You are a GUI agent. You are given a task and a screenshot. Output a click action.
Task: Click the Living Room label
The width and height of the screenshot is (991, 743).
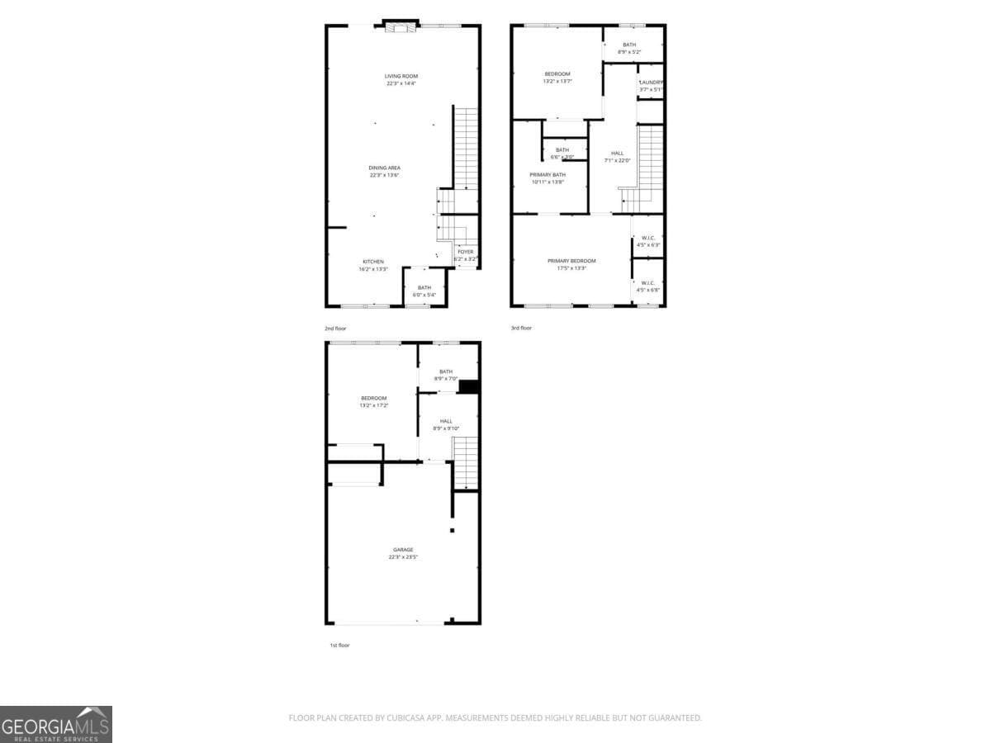click(401, 79)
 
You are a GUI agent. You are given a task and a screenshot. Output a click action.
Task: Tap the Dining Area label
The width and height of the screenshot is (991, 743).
click(385, 171)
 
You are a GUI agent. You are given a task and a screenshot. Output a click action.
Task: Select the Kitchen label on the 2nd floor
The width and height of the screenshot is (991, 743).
click(373, 265)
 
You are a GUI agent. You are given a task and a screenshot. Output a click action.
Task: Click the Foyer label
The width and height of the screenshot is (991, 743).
click(466, 255)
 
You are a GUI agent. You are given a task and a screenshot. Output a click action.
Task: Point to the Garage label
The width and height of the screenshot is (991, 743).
click(403, 553)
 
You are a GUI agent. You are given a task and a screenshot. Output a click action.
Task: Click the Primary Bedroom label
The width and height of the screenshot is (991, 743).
click(571, 264)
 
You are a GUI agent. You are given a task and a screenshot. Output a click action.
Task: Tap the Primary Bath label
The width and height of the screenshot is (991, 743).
click(548, 177)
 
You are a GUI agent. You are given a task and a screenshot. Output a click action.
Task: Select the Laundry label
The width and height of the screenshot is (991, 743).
click(651, 85)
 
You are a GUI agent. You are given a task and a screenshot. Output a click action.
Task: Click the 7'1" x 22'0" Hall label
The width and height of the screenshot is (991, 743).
click(618, 156)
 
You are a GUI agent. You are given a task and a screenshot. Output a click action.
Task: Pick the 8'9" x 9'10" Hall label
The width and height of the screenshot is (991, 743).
click(446, 424)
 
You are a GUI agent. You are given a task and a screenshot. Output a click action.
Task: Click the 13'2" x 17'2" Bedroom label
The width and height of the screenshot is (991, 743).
click(373, 401)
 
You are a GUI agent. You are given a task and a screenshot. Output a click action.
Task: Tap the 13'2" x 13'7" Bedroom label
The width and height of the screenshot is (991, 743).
click(557, 78)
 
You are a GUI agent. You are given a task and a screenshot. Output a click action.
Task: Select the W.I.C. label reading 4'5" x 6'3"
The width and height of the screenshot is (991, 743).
click(648, 241)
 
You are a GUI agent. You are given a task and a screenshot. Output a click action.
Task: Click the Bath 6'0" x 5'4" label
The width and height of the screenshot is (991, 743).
click(424, 291)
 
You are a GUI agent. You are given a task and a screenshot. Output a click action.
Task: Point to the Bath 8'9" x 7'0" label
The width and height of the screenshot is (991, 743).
click(446, 375)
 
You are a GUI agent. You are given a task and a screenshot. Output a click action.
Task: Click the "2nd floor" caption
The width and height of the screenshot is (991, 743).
click(335, 329)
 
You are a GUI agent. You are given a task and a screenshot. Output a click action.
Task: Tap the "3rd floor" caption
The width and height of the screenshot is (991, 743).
click(521, 328)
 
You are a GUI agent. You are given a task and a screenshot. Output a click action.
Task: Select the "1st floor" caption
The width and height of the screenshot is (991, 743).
click(339, 645)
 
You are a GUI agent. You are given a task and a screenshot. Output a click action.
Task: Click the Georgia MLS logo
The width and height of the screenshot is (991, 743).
click(56, 724)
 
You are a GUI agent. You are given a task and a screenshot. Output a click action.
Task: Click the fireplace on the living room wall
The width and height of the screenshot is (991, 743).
click(400, 28)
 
